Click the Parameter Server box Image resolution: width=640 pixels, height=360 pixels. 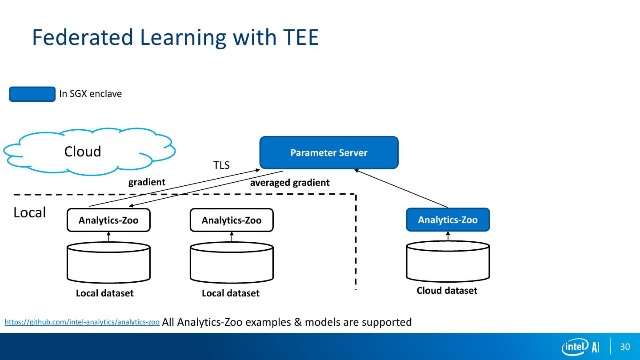click(x=329, y=153)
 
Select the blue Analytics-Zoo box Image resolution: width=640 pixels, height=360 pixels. click(x=448, y=220)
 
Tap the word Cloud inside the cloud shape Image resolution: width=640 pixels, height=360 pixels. click(x=83, y=152)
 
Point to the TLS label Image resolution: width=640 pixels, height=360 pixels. click(x=221, y=166)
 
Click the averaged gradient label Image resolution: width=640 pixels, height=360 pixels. click(x=290, y=183)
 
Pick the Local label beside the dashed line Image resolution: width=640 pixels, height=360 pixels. click(x=30, y=213)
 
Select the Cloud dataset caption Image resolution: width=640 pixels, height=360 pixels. click(x=447, y=291)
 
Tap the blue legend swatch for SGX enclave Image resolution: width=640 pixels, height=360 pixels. click(x=32, y=94)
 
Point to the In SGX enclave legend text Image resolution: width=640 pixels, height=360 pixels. click(x=90, y=94)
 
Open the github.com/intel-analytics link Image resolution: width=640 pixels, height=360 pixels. click(x=82, y=322)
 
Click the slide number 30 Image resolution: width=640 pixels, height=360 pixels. click(x=625, y=347)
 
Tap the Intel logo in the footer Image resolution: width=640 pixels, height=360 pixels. click(x=575, y=347)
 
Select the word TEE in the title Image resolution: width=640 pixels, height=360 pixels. click(x=300, y=37)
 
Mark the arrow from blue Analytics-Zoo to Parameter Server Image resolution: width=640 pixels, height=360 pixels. click(x=401, y=188)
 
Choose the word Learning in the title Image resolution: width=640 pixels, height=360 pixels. click(x=184, y=37)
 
